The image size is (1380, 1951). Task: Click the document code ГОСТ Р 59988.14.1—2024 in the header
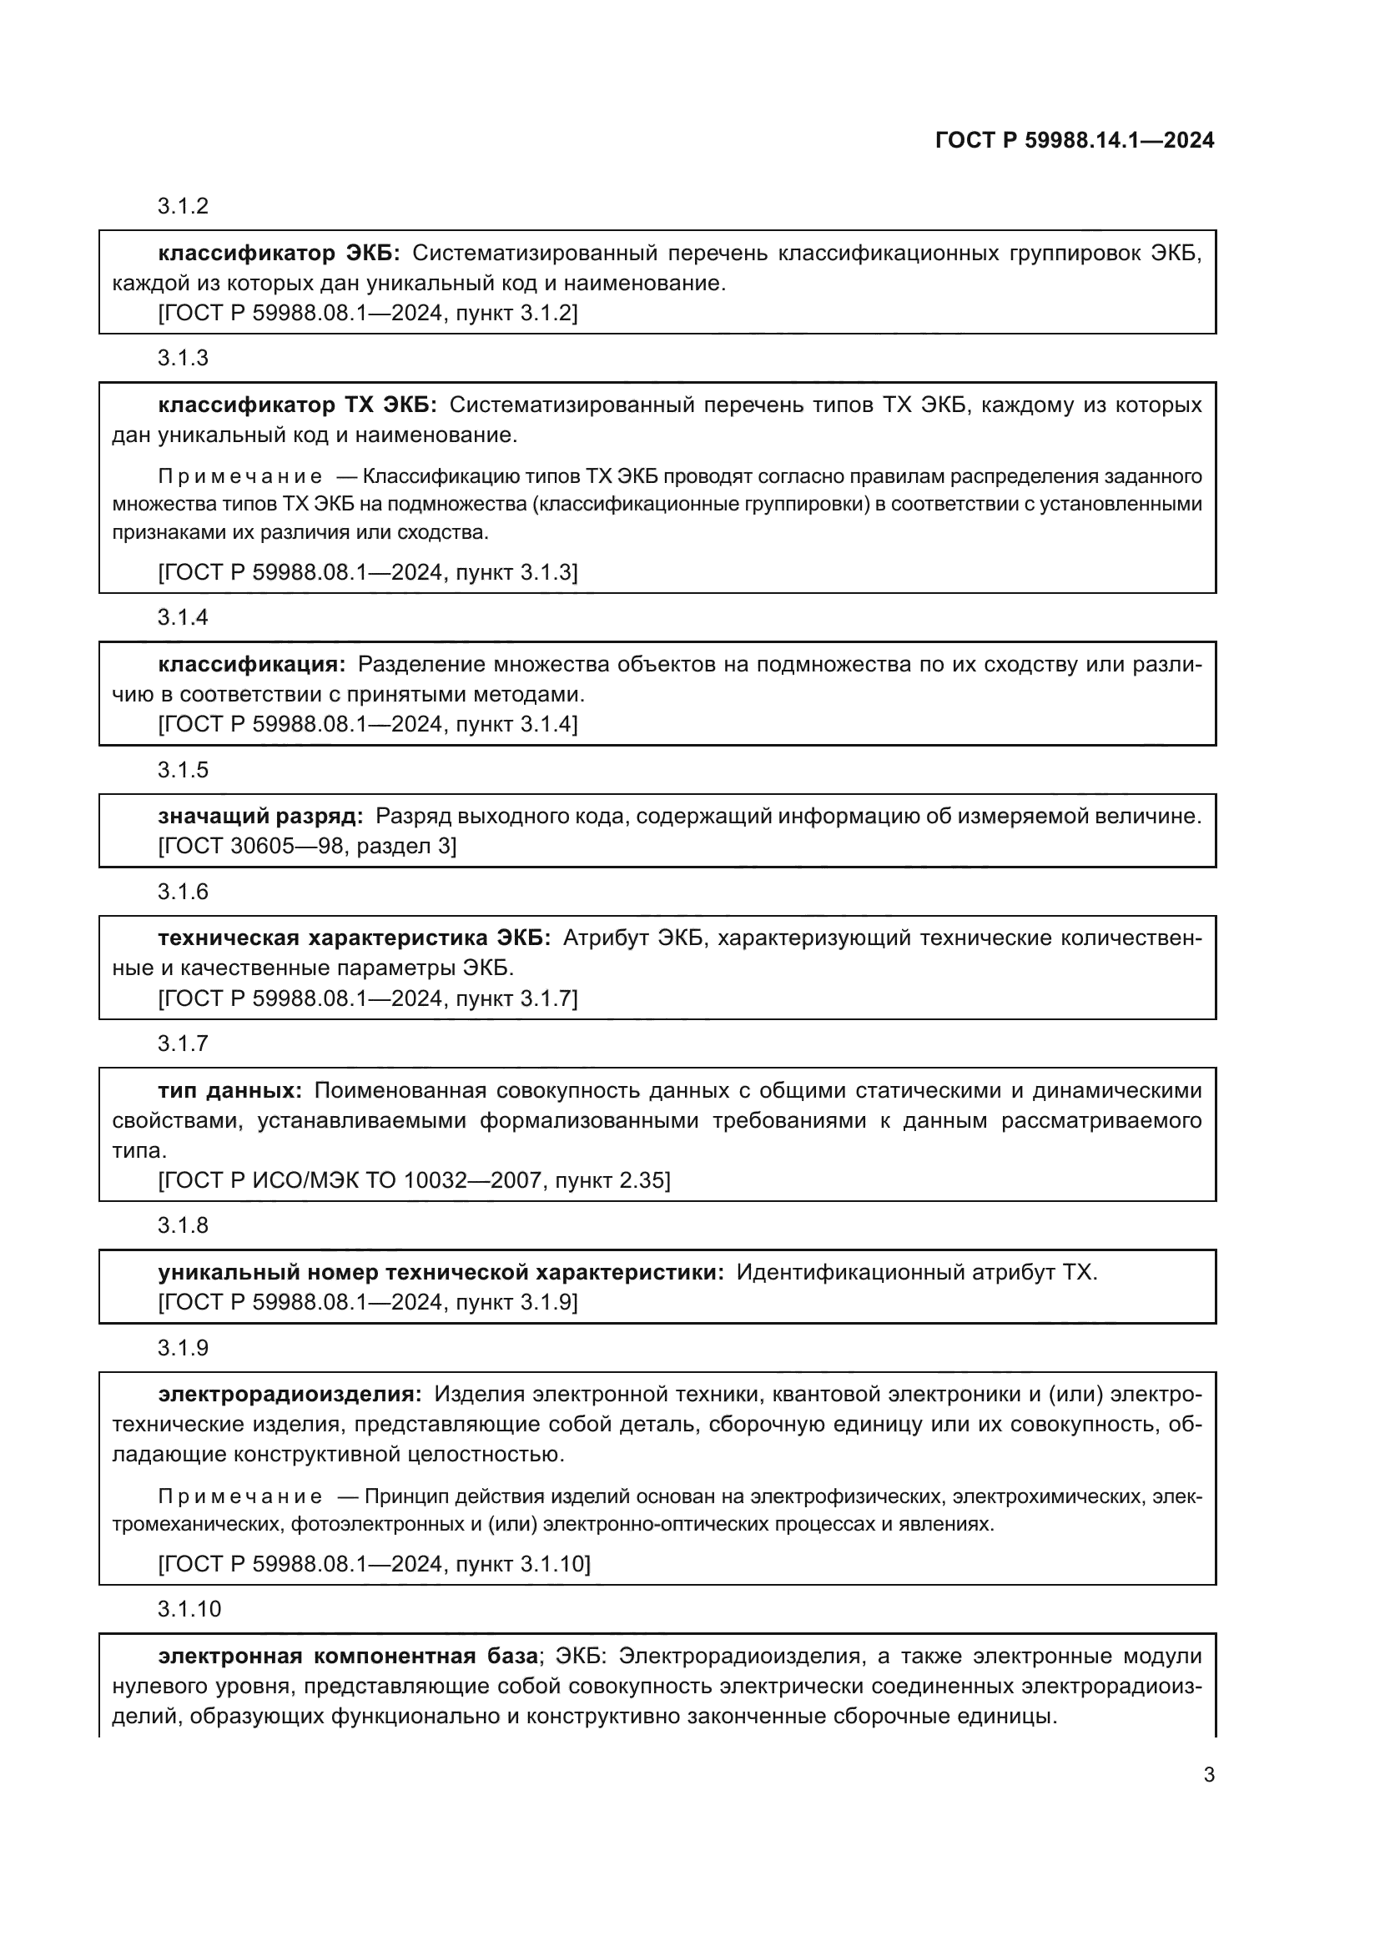coord(1074,141)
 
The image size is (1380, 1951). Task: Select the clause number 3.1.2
coord(183,207)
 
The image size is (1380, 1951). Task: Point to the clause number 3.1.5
coord(183,770)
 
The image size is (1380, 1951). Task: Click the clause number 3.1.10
coord(189,1608)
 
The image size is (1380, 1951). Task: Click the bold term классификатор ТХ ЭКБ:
coord(296,405)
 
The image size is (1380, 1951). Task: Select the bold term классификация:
coord(251,665)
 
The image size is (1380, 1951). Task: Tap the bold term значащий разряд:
coord(260,817)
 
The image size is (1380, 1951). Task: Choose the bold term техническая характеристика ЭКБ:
coord(354,938)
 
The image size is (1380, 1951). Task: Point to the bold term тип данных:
coord(229,1090)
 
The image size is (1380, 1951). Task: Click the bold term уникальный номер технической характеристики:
coord(441,1272)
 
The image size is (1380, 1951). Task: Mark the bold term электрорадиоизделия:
coord(289,1395)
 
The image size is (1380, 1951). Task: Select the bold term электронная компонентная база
coord(348,1657)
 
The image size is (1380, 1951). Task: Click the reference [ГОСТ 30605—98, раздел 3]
coord(307,847)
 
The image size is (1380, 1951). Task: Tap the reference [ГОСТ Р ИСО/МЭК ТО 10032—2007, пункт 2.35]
coord(414,1180)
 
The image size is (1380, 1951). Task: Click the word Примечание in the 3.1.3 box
coord(239,475)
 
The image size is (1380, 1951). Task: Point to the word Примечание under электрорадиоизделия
coord(239,1496)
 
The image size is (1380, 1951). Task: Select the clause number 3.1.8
coord(183,1225)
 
